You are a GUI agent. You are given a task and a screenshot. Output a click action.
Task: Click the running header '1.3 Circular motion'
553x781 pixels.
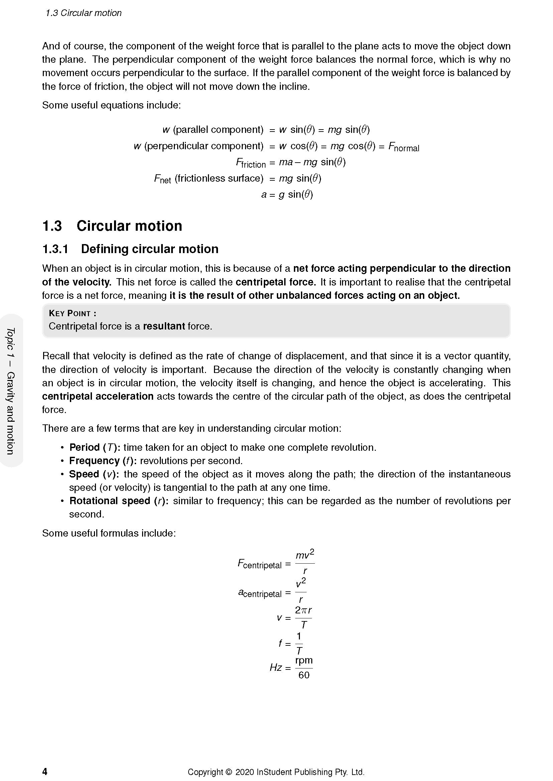83,13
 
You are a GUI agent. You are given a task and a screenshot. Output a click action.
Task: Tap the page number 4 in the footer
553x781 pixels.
44,771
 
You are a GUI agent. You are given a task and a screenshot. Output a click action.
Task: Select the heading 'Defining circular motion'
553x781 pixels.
149,249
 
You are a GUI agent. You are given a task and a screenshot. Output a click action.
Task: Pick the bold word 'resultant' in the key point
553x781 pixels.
164,326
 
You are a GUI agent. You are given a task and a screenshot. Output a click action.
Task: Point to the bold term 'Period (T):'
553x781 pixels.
95,447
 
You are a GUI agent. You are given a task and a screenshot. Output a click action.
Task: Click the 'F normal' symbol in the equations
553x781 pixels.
404,147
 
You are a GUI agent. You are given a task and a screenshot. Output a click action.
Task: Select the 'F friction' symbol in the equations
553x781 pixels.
251,163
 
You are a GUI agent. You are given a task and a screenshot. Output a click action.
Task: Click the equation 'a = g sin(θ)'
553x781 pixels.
287,195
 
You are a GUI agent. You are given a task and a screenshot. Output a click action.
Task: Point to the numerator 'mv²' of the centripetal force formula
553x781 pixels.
305,555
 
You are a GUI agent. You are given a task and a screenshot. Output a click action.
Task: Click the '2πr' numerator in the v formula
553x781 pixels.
303,610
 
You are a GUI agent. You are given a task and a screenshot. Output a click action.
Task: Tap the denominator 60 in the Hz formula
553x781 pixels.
304,675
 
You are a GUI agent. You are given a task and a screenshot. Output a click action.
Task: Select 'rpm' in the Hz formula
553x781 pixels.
304,660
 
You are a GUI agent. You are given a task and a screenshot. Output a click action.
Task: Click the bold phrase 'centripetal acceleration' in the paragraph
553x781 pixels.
98,397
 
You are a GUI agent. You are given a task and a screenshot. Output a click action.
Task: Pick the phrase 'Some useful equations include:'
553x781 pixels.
111,106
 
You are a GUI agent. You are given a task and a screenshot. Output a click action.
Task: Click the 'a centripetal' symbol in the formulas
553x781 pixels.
259,593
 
